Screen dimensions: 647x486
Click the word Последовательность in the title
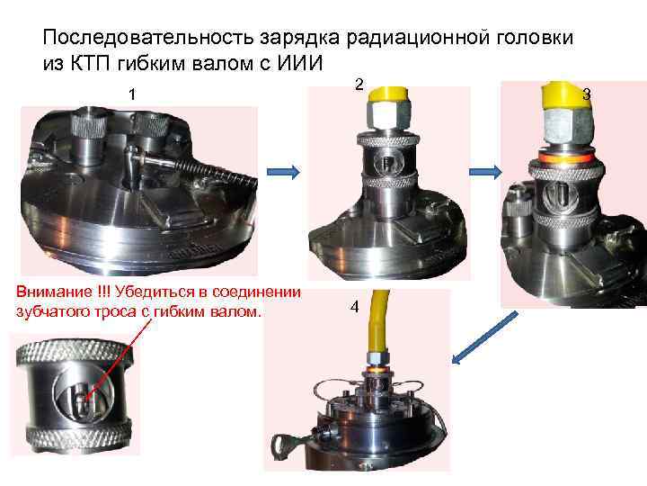pyautogui.click(x=148, y=38)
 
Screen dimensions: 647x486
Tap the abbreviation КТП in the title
pyautogui.click(x=92, y=63)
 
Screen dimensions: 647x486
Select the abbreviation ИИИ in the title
pyautogui.click(x=299, y=63)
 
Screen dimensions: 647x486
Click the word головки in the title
pyautogui.click(x=534, y=38)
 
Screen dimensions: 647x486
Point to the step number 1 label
pyautogui.click(x=132, y=94)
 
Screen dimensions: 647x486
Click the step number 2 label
pyautogui.click(x=359, y=85)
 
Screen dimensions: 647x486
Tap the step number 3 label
pyautogui.click(x=586, y=94)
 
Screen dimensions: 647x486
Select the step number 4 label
pyautogui.click(x=354, y=307)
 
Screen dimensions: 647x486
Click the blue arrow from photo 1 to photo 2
pyautogui.click(x=283, y=172)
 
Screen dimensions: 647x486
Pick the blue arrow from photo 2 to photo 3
pyautogui.click(x=485, y=172)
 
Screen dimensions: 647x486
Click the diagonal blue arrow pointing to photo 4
pyautogui.click(x=484, y=338)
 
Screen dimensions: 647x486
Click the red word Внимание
pyautogui.click(x=54, y=292)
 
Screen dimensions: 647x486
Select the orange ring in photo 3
pyautogui.click(x=565, y=157)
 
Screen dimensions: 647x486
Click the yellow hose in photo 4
pyautogui.click(x=377, y=320)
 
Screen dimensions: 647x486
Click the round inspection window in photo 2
pyautogui.click(x=388, y=163)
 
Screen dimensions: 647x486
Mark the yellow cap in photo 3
pyautogui.click(x=567, y=97)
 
